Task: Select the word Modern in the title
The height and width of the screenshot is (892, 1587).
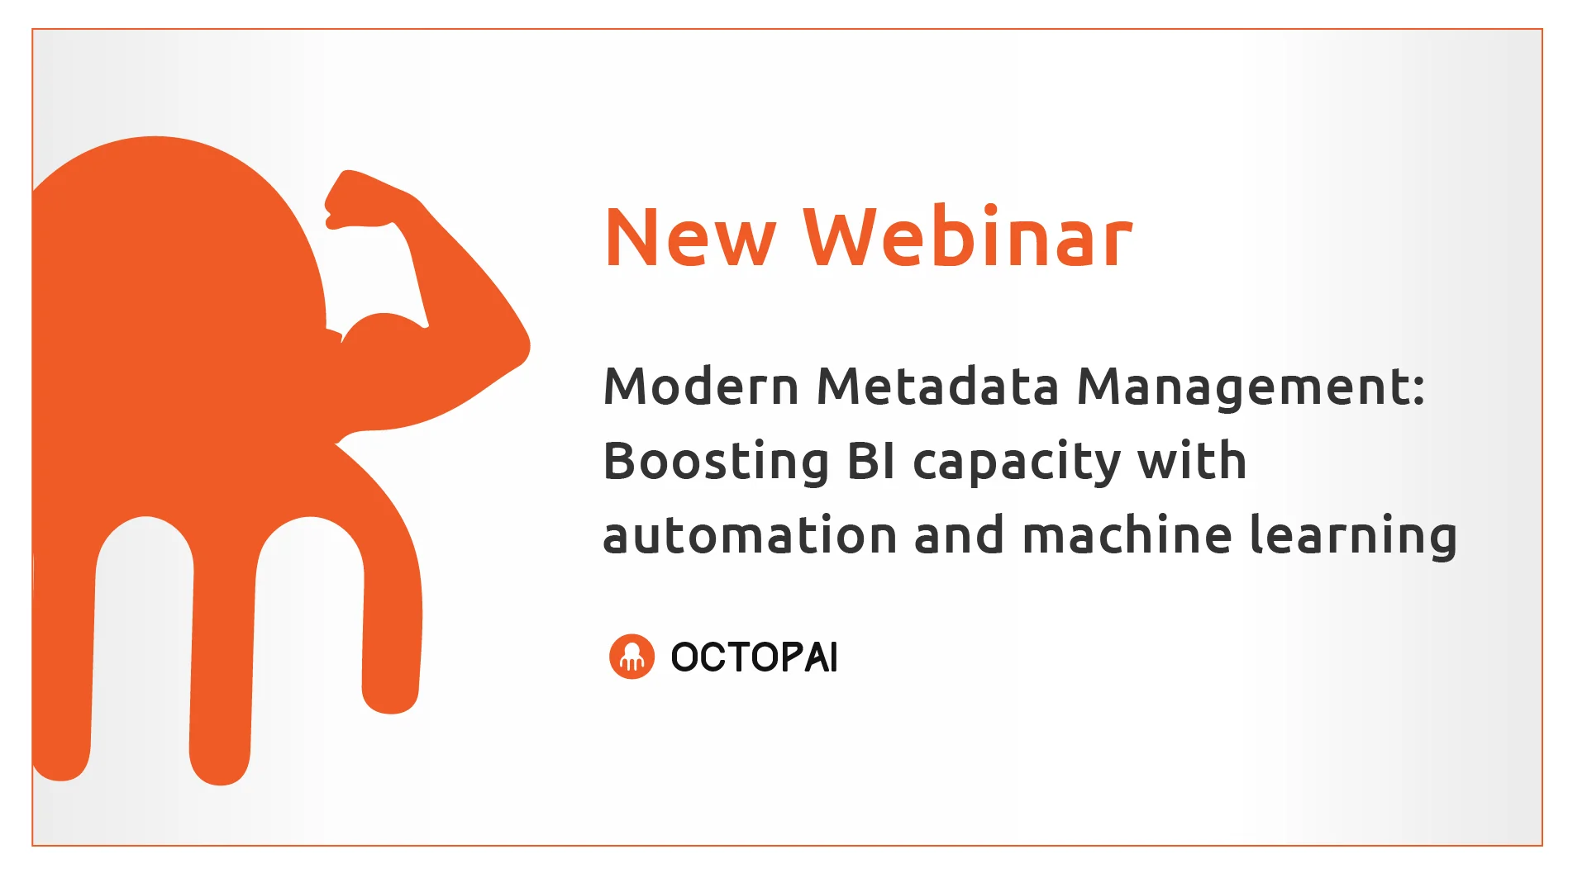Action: tap(701, 387)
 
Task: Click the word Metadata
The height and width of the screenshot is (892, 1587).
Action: tap(937, 387)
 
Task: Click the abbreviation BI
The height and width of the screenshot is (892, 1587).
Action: tap(871, 461)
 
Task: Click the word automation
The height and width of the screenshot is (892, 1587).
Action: tap(750, 535)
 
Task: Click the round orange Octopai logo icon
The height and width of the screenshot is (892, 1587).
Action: tap(631, 657)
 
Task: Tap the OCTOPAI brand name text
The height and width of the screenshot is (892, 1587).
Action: tap(754, 657)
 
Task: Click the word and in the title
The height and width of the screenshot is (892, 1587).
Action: tap(959, 534)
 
